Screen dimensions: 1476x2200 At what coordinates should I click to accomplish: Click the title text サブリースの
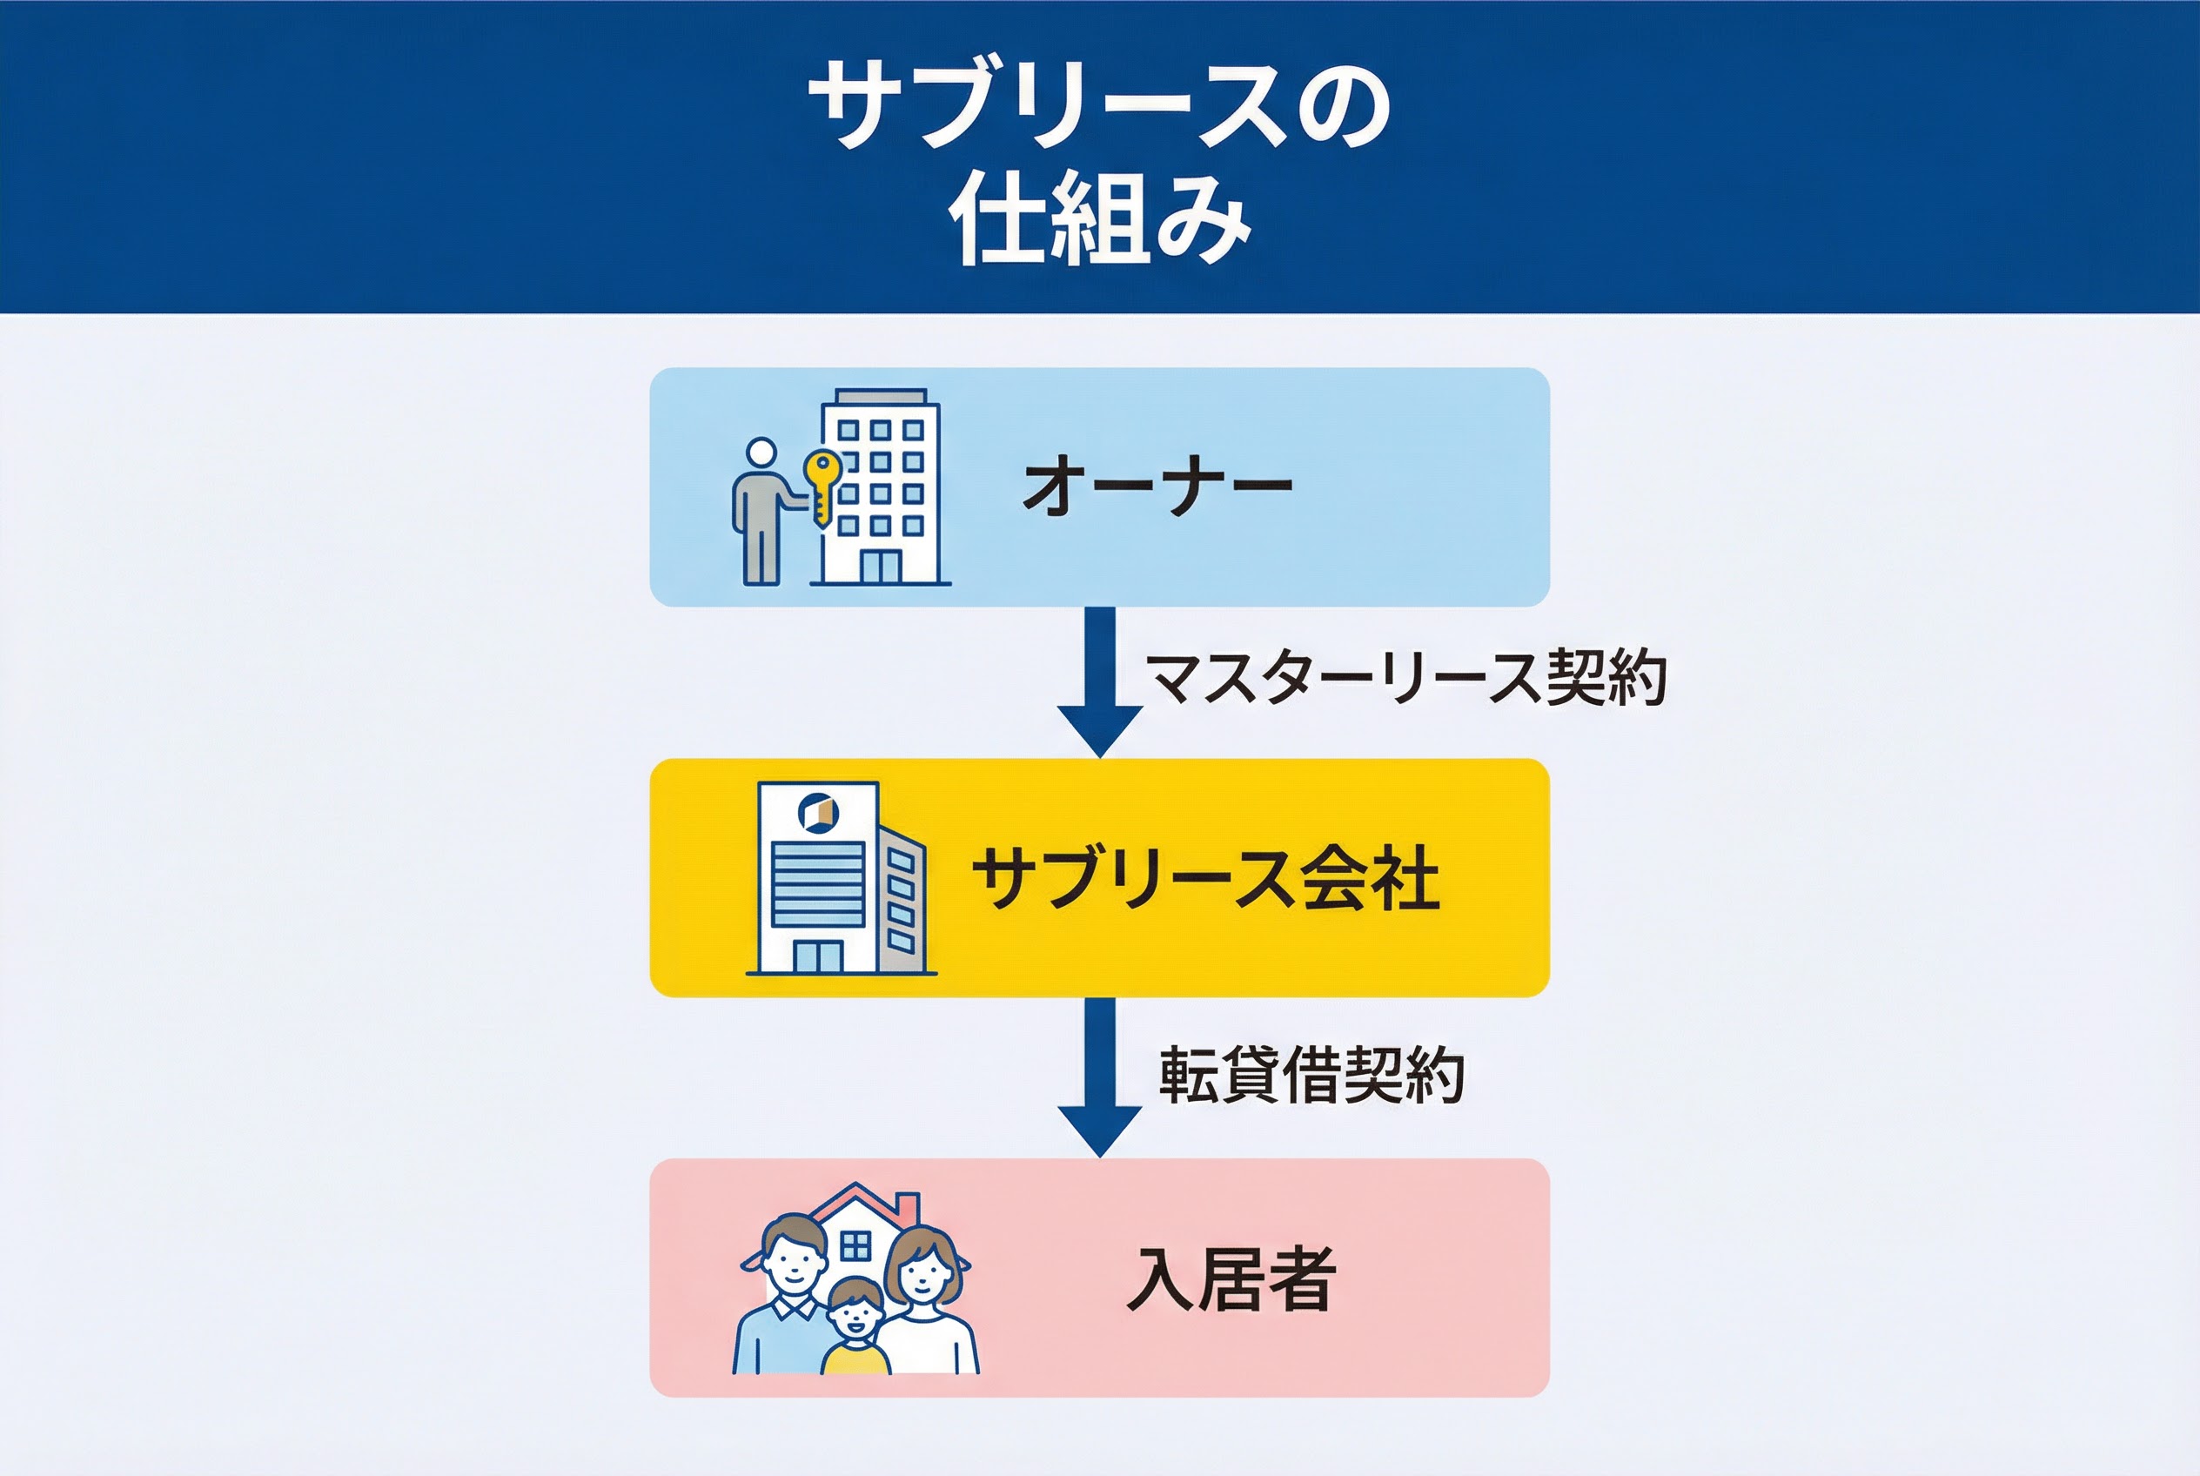click(1099, 105)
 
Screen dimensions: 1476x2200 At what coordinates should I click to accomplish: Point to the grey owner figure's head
click(761, 453)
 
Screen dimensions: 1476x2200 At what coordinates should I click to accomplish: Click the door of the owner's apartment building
click(881, 567)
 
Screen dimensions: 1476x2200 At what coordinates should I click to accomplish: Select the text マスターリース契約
click(1405, 678)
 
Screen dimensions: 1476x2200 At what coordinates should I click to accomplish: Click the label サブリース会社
click(1205, 877)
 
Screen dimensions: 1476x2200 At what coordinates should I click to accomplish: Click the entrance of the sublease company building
click(817, 956)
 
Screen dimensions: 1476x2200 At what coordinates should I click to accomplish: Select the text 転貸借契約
click(1311, 1074)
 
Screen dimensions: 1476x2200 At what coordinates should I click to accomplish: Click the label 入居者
click(1231, 1278)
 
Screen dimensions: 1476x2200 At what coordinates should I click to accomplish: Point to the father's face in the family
click(792, 1267)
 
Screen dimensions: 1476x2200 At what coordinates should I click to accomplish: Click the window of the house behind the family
click(855, 1245)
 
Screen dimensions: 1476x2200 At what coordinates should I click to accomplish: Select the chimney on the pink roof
click(907, 1204)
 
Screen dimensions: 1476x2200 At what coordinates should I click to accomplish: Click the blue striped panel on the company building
click(817, 884)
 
